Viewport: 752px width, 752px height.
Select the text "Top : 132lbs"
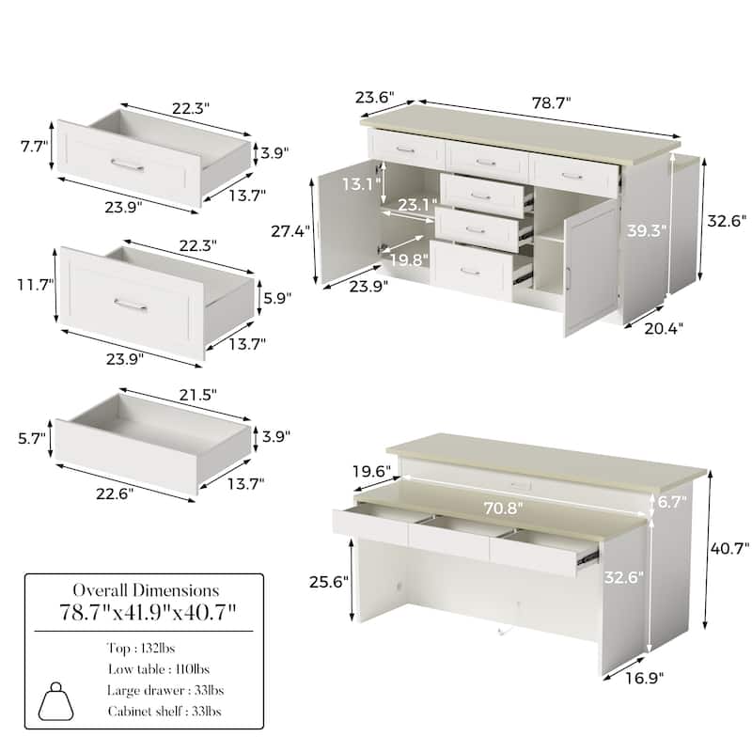click(x=140, y=649)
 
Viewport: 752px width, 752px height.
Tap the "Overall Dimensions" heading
click(x=149, y=591)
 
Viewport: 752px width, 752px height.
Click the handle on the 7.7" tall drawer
click(x=127, y=165)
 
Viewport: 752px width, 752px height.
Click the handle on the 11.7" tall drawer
click(x=130, y=305)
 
